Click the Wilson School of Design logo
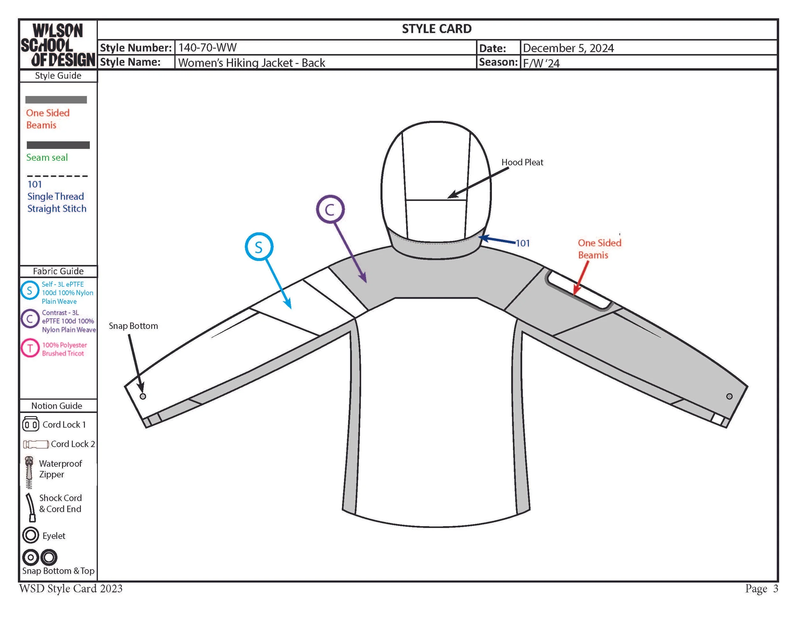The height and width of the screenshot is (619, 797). pyautogui.click(x=58, y=45)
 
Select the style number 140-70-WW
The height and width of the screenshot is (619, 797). pyautogui.click(x=207, y=48)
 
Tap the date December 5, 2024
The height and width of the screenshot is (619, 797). pyautogui.click(x=568, y=48)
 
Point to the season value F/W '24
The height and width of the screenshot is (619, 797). pyautogui.click(x=541, y=63)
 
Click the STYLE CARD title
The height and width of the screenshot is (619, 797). pyautogui.click(x=436, y=29)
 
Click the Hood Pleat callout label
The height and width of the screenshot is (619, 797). pyautogui.click(x=522, y=162)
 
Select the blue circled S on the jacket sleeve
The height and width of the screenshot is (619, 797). pyautogui.click(x=259, y=247)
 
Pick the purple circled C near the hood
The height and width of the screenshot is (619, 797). pyautogui.click(x=330, y=210)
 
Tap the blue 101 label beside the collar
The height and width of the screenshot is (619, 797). pyautogui.click(x=523, y=243)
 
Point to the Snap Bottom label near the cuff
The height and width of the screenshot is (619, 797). pyautogui.click(x=133, y=326)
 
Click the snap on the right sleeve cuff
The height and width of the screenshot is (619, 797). pyautogui.click(x=729, y=396)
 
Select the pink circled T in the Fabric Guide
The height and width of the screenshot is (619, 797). pyautogui.click(x=30, y=348)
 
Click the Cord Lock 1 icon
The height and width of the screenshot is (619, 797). pyautogui.click(x=30, y=424)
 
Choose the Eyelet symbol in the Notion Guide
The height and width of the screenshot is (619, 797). pyautogui.click(x=30, y=535)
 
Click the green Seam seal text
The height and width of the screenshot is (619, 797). pyautogui.click(x=47, y=157)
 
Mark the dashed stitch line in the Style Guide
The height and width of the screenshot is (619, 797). pyautogui.click(x=57, y=176)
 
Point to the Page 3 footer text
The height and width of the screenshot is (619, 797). pyautogui.click(x=761, y=589)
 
